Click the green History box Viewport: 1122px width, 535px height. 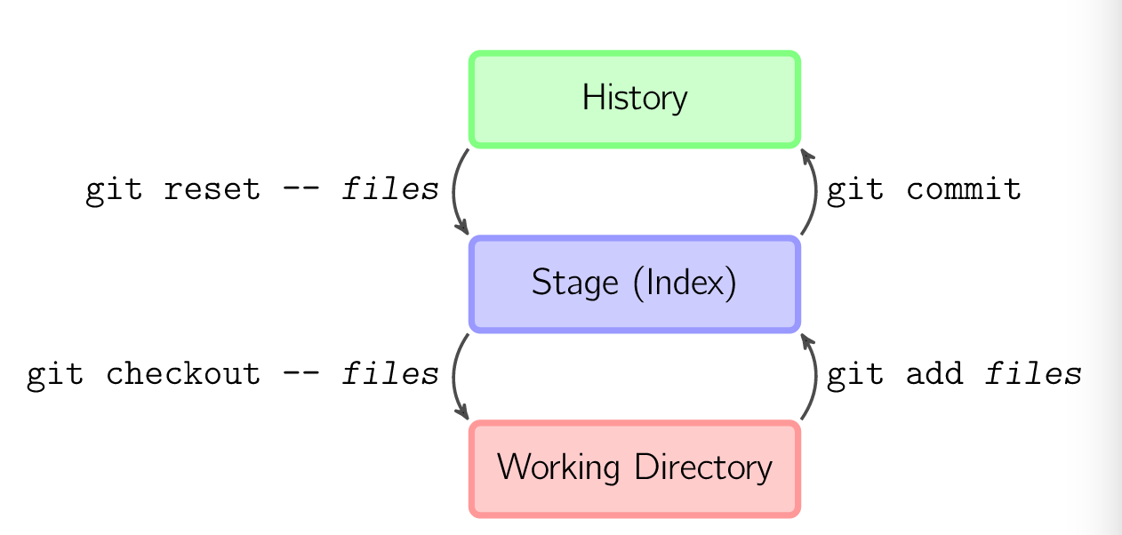coord(635,100)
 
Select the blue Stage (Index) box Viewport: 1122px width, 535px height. coord(635,283)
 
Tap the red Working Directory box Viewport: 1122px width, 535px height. coord(635,469)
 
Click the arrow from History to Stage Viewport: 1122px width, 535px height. coord(453,191)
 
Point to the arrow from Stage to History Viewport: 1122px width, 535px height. coord(815,191)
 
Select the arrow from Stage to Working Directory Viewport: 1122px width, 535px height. coord(453,376)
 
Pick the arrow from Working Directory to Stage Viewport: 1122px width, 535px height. coord(815,376)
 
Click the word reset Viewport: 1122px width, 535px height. coord(212,189)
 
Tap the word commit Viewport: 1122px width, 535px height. coord(963,189)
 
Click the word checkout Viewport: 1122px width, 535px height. coord(183,374)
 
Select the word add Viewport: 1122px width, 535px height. coord(934,374)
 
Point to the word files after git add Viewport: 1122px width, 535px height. coord(1033,374)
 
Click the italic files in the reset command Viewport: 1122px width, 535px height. coord(389,188)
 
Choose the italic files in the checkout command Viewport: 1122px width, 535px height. coord(389,374)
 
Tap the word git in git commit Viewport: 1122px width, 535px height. coord(855,191)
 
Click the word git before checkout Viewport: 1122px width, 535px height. coord(54,376)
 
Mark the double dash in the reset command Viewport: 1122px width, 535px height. coord(301,189)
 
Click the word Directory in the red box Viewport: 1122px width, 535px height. coord(703,468)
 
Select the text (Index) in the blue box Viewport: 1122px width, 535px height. coord(685,283)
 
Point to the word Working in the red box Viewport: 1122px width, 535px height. coord(558,468)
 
